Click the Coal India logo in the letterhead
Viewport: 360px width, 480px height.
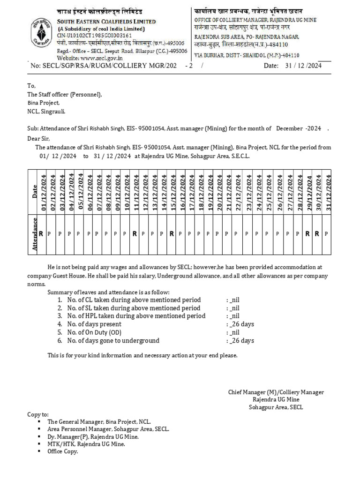click(x=41, y=30)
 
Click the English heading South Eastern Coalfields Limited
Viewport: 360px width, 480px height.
click(x=106, y=22)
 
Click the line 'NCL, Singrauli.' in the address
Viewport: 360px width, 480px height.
click(x=46, y=111)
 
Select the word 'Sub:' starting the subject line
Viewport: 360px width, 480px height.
click(x=33, y=128)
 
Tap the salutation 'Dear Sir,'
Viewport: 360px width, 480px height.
click(x=38, y=138)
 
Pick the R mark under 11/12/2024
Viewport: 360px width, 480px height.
click(x=135, y=233)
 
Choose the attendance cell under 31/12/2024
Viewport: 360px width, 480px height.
click(x=326, y=233)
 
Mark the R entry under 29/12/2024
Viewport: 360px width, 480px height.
click(x=308, y=233)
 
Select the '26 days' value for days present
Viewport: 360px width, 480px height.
click(x=242, y=324)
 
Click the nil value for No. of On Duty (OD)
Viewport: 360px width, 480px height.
click(x=235, y=332)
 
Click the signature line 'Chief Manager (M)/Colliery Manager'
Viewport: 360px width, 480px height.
click(x=276, y=392)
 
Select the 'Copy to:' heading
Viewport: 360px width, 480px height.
click(x=38, y=415)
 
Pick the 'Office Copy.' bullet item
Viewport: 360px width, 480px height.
click(x=62, y=451)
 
